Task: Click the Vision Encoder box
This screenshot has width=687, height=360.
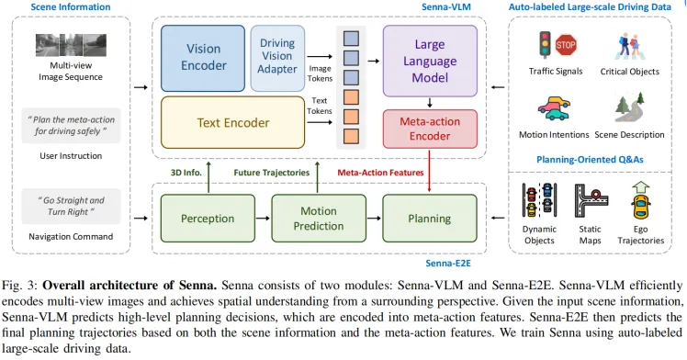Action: click(203, 57)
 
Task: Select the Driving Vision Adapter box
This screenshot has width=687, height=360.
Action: click(277, 57)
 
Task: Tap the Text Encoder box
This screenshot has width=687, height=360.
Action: click(233, 122)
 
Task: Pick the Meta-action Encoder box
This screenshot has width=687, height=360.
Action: click(430, 128)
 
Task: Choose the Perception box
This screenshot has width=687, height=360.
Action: click(207, 219)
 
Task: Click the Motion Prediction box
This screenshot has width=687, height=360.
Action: click(318, 219)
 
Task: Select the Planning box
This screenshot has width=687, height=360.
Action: click(429, 219)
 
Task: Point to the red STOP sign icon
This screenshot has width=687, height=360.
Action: click(566, 44)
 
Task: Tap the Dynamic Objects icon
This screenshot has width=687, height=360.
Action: click(538, 199)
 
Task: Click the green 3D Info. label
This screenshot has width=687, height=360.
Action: click(187, 172)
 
